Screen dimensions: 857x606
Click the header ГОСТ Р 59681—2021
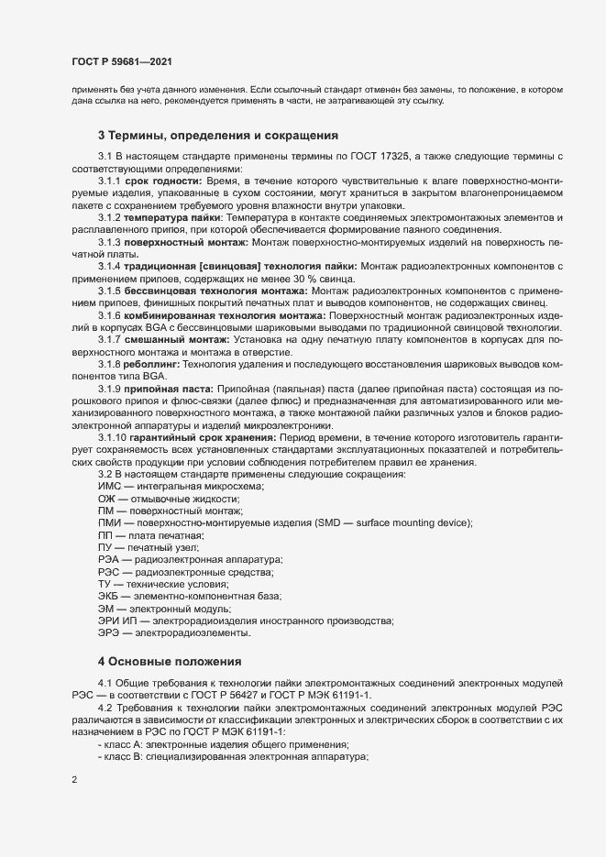(120, 61)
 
